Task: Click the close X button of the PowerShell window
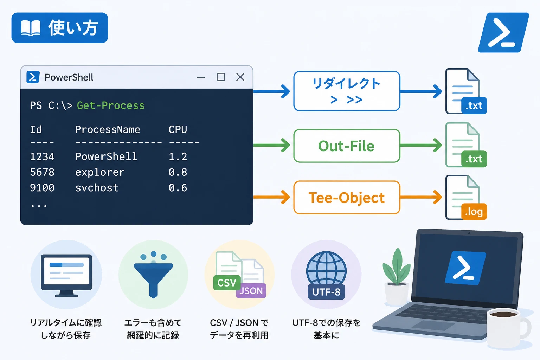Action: click(240, 77)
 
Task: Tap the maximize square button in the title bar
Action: click(220, 77)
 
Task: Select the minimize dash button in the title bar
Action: click(201, 77)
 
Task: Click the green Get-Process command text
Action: click(111, 105)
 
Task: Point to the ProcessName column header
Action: click(108, 130)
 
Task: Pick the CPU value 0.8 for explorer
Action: click(178, 172)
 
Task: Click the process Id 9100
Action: click(42, 188)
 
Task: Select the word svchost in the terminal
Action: click(97, 188)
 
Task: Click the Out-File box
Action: click(347, 146)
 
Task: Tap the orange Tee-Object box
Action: click(347, 197)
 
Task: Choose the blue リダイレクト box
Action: click(347, 91)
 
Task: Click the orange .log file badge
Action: click(474, 212)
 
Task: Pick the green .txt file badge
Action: click(474, 159)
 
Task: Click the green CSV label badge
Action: click(227, 283)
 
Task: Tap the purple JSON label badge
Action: click(251, 291)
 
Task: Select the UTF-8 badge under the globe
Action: click(326, 292)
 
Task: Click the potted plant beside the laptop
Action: click(397, 277)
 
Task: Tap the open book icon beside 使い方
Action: click(31, 28)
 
